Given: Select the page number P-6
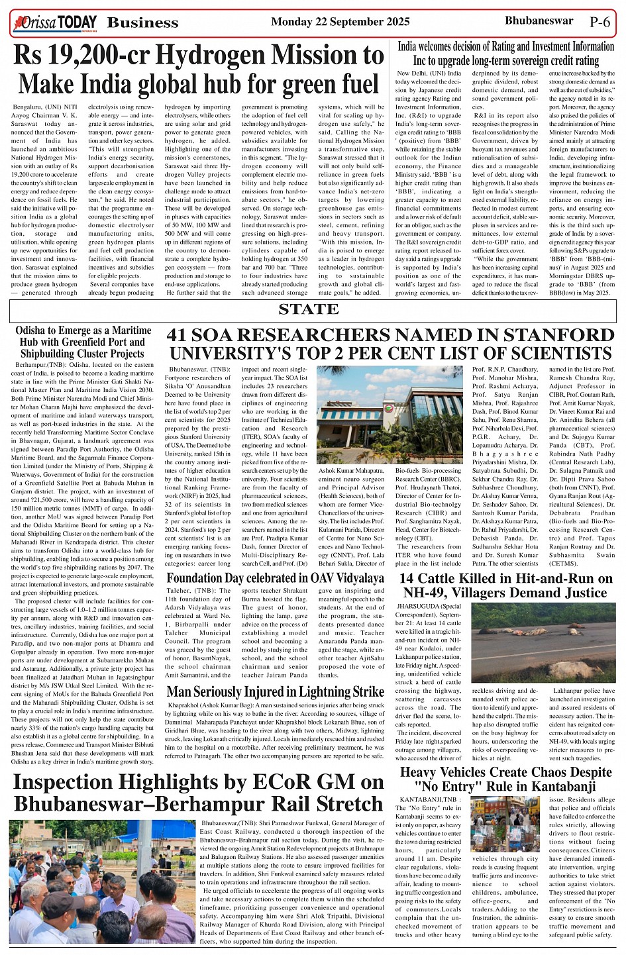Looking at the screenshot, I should tap(600, 22).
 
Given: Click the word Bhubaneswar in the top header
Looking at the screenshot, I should tap(539, 21).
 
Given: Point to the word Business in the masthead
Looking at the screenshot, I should tap(142, 23).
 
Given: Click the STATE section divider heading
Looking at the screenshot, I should tap(309, 309).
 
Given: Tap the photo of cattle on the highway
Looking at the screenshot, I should tap(543, 642).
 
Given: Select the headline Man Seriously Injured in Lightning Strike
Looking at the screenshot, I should tap(275, 692).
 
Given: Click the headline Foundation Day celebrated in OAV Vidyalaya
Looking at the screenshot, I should tap(275, 578).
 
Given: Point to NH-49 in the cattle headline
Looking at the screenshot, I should tap(428, 593).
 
